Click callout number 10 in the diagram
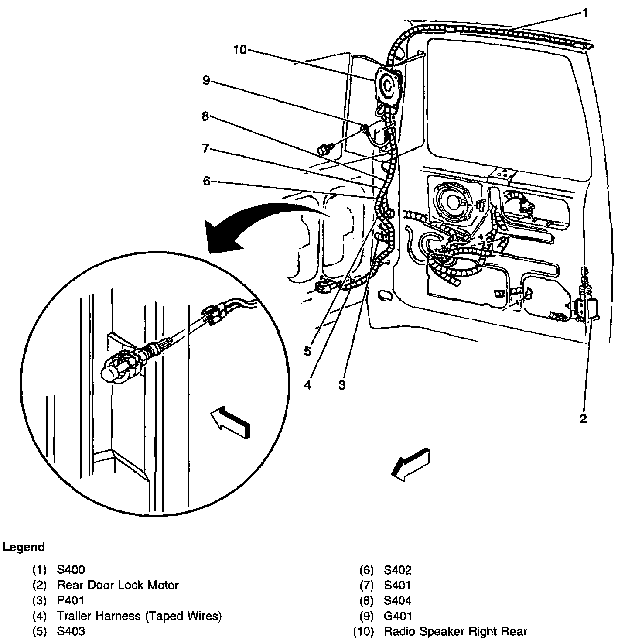(x=239, y=50)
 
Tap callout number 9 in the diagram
(x=206, y=80)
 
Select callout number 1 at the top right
(x=585, y=13)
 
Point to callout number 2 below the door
(x=583, y=419)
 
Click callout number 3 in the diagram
(x=342, y=385)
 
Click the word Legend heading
(x=24, y=547)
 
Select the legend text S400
(x=71, y=570)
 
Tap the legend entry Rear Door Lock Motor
(x=118, y=585)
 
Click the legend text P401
(x=71, y=600)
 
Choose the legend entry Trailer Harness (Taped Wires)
(x=139, y=616)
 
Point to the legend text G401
(x=398, y=616)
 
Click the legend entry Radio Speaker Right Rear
(x=455, y=631)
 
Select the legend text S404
(x=398, y=600)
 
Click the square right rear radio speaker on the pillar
(x=388, y=86)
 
